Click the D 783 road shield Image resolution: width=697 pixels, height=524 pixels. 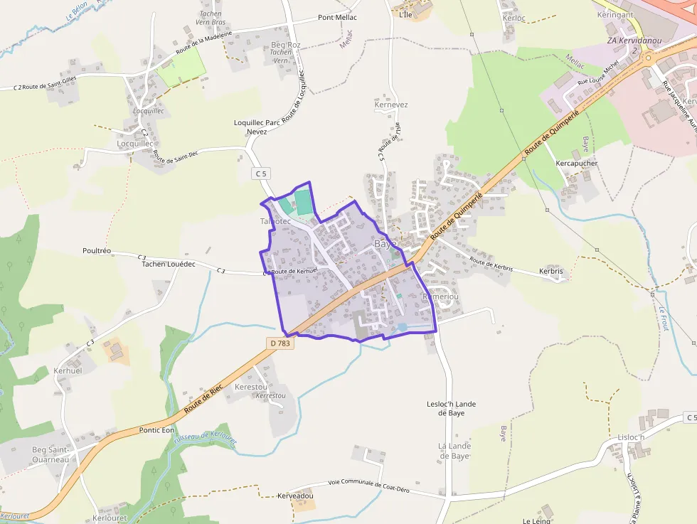(x=281, y=343)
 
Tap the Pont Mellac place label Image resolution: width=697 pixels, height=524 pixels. (x=337, y=18)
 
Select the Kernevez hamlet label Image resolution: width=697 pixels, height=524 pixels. (x=391, y=105)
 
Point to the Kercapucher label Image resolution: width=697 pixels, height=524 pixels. (x=576, y=163)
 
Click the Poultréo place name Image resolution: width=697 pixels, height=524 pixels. (x=97, y=251)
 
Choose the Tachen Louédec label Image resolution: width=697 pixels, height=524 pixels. (x=169, y=263)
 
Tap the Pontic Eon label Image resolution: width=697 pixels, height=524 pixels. (x=156, y=430)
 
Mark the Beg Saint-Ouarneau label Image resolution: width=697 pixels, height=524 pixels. (x=50, y=454)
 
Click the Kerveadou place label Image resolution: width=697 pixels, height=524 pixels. (x=295, y=495)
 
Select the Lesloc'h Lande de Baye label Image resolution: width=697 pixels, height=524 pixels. (x=452, y=408)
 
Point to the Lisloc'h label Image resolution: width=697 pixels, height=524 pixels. (x=631, y=437)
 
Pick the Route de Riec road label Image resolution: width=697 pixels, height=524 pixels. (x=203, y=400)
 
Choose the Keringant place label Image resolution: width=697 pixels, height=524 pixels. (x=615, y=14)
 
